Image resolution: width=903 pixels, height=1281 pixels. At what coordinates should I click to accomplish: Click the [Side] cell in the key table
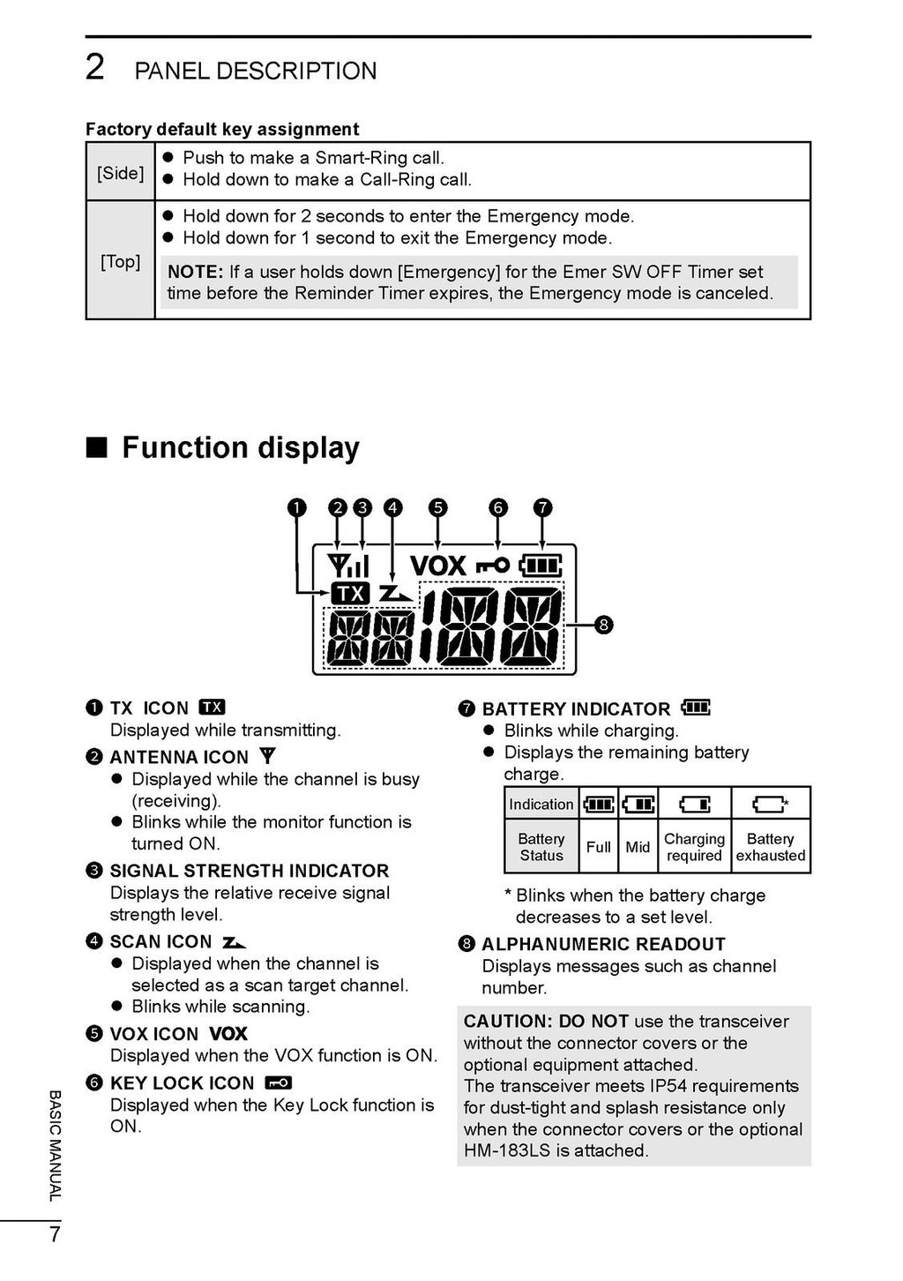pyautogui.click(x=120, y=172)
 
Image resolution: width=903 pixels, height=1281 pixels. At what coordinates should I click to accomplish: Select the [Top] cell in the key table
pyautogui.click(x=120, y=261)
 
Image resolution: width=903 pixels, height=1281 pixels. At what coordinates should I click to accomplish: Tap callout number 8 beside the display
pyautogui.click(x=603, y=625)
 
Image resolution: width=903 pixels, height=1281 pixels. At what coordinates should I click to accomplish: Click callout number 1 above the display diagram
pyautogui.click(x=297, y=507)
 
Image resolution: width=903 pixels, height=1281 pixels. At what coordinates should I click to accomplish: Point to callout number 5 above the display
pyautogui.click(x=438, y=507)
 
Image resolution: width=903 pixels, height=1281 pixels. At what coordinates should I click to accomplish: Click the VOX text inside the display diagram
pyautogui.click(x=437, y=566)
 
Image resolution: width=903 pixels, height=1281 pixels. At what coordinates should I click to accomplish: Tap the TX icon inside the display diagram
pyautogui.click(x=350, y=594)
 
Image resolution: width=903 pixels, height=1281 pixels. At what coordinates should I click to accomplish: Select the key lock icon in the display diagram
pyautogui.click(x=493, y=566)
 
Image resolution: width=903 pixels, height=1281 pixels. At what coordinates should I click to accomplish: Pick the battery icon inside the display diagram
pyautogui.click(x=540, y=565)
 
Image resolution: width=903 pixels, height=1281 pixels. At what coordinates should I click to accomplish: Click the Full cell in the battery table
pyautogui.click(x=598, y=847)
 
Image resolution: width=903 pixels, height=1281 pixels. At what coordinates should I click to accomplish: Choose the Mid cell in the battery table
pyautogui.click(x=638, y=847)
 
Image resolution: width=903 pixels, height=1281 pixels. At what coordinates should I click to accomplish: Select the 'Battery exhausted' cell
pyautogui.click(x=771, y=847)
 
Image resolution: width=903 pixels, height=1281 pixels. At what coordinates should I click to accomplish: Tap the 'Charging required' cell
pyautogui.click(x=694, y=847)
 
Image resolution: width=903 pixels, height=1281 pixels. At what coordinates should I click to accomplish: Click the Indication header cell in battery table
pyautogui.click(x=541, y=804)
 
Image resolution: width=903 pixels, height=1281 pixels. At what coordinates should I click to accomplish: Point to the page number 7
pyautogui.click(x=55, y=1234)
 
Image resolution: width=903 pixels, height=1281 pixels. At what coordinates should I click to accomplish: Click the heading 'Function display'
pyautogui.click(x=240, y=447)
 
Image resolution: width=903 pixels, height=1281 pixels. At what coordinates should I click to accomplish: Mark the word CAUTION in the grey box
pyautogui.click(x=507, y=1021)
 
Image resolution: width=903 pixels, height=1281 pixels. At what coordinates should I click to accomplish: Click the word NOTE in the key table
pyautogui.click(x=195, y=272)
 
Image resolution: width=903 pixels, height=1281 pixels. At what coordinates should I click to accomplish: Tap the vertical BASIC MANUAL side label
pyautogui.click(x=55, y=1145)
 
